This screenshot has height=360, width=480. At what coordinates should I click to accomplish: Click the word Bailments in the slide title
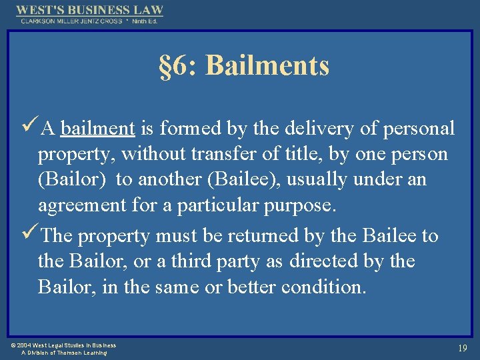pyautogui.click(x=268, y=66)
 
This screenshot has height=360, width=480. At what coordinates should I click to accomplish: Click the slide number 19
pyautogui.click(x=462, y=348)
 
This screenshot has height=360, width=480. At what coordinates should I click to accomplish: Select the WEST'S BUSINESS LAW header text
pyautogui.click(x=89, y=10)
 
